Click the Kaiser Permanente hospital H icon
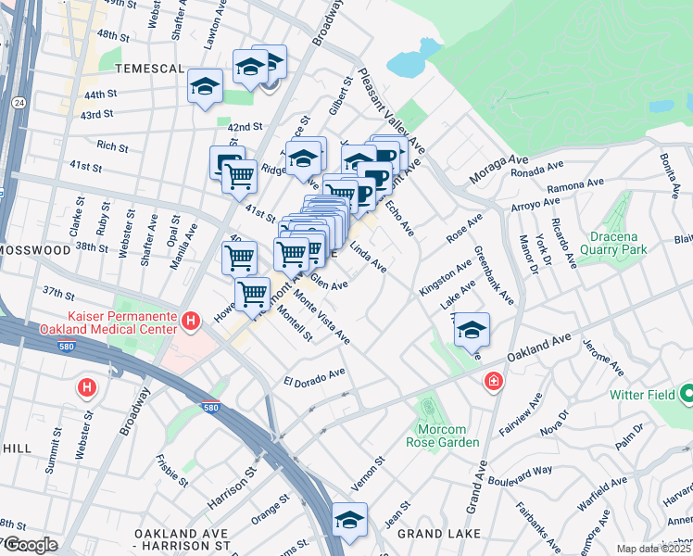tap(191, 322)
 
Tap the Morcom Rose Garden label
tap(448, 434)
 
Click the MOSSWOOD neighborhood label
tap(34, 250)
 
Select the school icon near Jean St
tap(349, 519)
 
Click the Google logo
tap(30, 545)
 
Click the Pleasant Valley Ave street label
tap(393, 112)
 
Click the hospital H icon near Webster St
tap(87, 386)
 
